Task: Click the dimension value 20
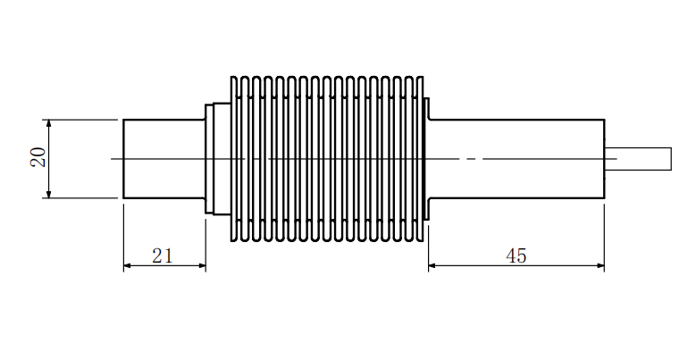pyautogui.click(x=38, y=157)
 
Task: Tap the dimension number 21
pyautogui.click(x=162, y=255)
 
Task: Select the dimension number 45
pyautogui.click(x=516, y=255)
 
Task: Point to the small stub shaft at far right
pyautogui.click(x=638, y=159)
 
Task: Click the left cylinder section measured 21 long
pyautogui.click(x=164, y=159)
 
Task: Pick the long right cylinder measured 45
pyautogui.click(x=516, y=159)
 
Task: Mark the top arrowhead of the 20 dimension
pyautogui.click(x=49, y=123)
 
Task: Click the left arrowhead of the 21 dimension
pyautogui.click(x=128, y=266)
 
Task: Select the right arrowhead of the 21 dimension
pyautogui.click(x=202, y=266)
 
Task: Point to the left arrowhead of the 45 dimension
pyautogui.click(x=432, y=266)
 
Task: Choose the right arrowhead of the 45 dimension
pyautogui.click(x=600, y=266)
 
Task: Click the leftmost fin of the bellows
pyautogui.click(x=234, y=159)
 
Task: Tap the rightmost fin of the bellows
pyautogui.click(x=419, y=159)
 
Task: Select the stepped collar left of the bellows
pyautogui.click(x=217, y=159)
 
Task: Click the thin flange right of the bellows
pyautogui.click(x=427, y=159)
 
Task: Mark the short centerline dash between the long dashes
pyautogui.click(x=472, y=158)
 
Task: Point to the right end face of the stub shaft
pyautogui.click(x=671, y=159)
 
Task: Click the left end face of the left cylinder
pyautogui.click(x=123, y=159)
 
